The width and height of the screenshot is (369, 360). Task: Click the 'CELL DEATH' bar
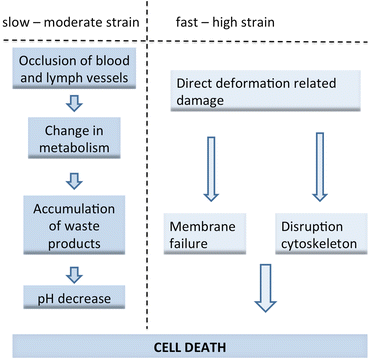click(x=184, y=343)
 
